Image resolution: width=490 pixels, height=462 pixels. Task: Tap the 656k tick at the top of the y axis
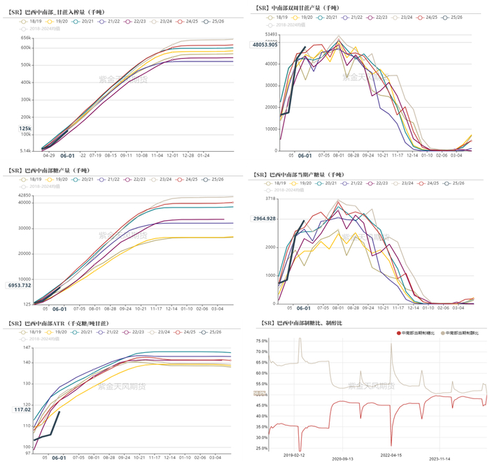pos(25,38)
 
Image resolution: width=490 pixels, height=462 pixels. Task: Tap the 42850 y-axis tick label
pos(22,196)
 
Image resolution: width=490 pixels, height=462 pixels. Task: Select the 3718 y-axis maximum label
pos(272,199)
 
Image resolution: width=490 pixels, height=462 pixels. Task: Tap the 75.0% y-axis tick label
pos(260,340)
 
